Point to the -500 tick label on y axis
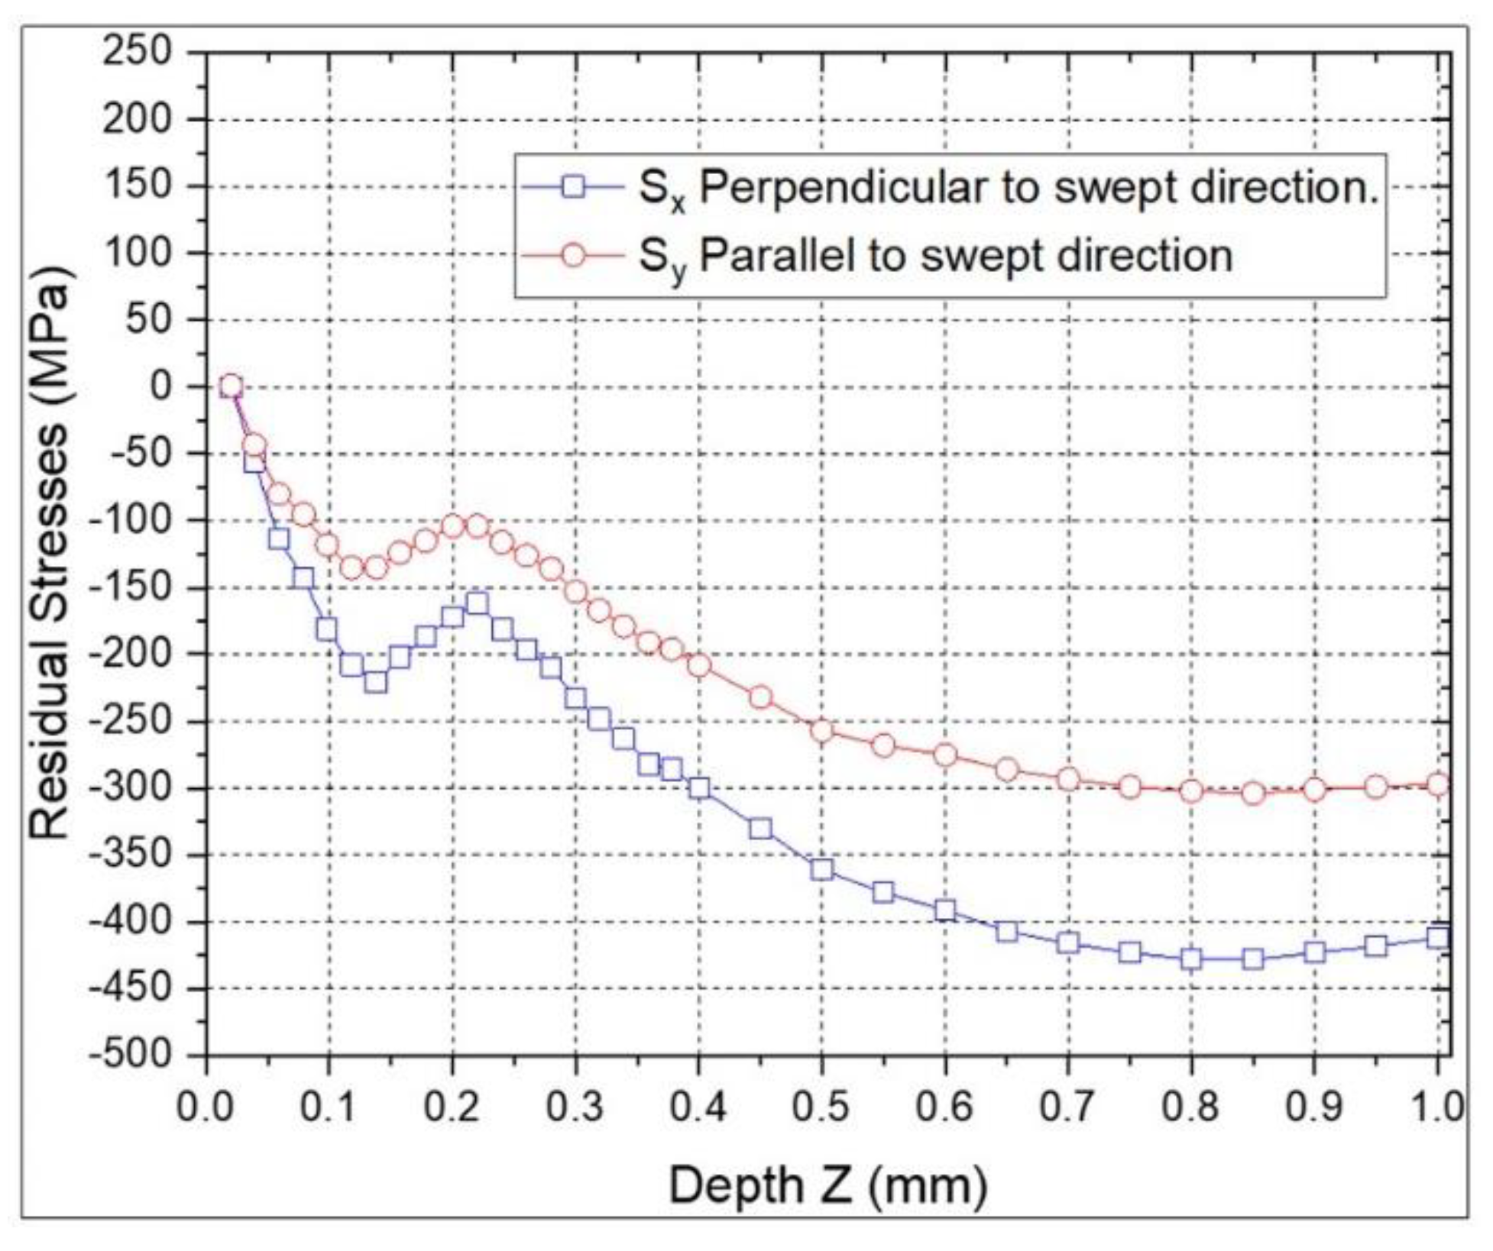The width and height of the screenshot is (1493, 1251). click(x=130, y=1055)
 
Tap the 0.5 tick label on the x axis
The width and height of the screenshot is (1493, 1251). click(x=821, y=1106)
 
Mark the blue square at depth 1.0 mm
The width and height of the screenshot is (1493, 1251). click(x=1438, y=937)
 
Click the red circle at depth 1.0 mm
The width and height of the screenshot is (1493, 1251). click(x=1438, y=784)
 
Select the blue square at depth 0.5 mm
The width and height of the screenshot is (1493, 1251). click(x=822, y=869)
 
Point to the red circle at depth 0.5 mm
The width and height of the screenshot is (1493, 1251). click(x=822, y=731)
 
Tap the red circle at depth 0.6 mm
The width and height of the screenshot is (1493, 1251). click(x=945, y=755)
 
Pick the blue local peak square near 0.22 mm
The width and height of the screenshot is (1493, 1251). click(x=478, y=603)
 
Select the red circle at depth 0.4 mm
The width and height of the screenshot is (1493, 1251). click(x=699, y=665)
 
